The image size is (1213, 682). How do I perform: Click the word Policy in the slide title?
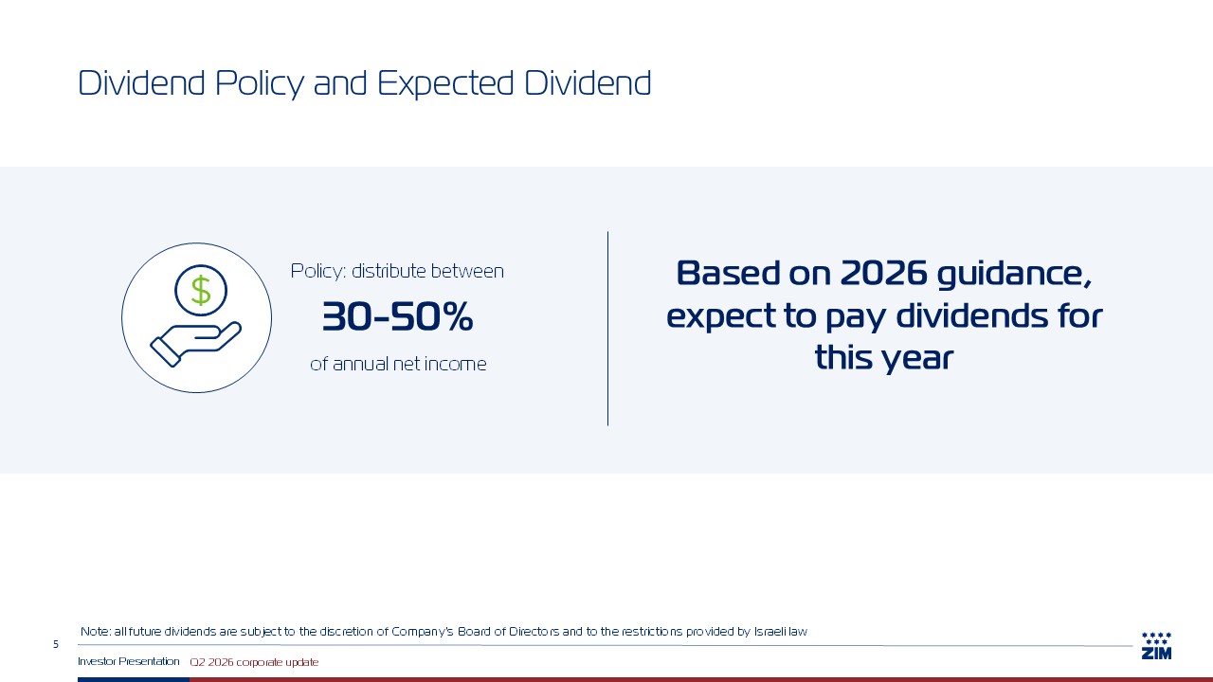pyautogui.click(x=260, y=84)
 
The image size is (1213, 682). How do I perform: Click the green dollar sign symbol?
pyautogui.click(x=201, y=291)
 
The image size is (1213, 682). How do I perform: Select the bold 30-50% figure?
pyautogui.click(x=397, y=316)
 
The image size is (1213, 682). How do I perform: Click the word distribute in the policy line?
pyautogui.click(x=389, y=271)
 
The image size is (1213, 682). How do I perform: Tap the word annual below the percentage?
pyautogui.click(x=360, y=364)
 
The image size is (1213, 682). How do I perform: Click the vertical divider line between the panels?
pyautogui.click(x=607, y=329)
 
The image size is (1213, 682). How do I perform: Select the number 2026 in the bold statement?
pyautogui.click(x=884, y=273)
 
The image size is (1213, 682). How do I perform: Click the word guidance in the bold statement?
pyautogui.click(x=1014, y=276)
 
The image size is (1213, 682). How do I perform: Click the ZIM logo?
pyautogui.click(x=1157, y=646)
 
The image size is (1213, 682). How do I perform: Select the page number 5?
pyautogui.click(x=56, y=644)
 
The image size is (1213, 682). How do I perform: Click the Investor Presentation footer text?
pyautogui.click(x=128, y=661)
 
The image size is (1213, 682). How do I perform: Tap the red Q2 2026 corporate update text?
pyautogui.click(x=254, y=662)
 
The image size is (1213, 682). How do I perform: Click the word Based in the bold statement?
pyautogui.click(x=729, y=273)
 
